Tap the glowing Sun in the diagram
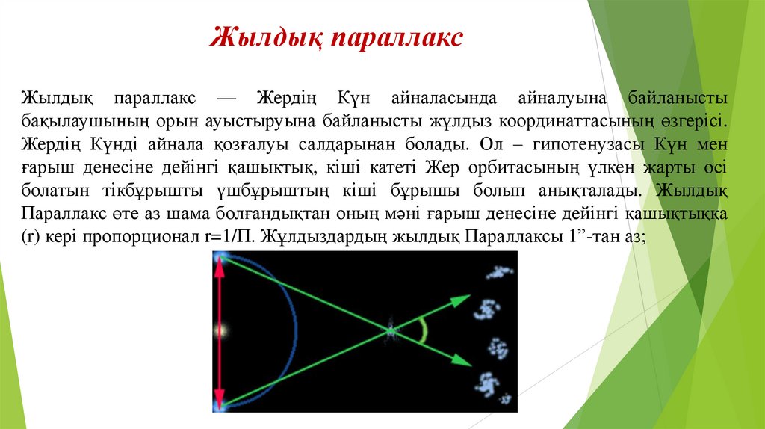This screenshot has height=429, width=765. coord(220,330)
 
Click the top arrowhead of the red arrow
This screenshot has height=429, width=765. coord(220,262)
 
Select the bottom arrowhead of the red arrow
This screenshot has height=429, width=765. coord(220,401)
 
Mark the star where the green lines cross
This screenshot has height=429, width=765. coord(390,330)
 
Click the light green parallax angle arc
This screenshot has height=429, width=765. coord(424,330)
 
